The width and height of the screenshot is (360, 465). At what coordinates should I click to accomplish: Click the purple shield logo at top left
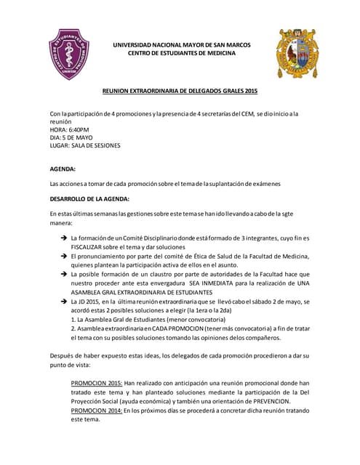point(69,54)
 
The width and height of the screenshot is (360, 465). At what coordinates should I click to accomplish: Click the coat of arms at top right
point(297,53)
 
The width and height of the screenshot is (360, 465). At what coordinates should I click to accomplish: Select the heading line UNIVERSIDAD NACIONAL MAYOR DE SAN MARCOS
point(181,45)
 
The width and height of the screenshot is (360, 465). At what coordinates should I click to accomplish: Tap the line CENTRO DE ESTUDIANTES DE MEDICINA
point(181,54)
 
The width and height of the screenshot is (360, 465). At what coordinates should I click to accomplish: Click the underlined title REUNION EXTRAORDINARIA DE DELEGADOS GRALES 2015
point(179,91)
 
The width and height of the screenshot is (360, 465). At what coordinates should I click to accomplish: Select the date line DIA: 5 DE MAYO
point(71,138)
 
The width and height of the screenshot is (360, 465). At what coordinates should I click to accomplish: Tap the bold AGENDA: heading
point(63,169)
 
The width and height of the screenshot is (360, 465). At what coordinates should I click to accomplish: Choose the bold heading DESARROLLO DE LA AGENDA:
point(89,199)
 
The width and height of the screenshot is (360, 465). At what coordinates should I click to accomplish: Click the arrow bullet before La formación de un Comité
point(64,238)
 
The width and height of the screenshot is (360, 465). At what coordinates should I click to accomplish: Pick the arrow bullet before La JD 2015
point(64,301)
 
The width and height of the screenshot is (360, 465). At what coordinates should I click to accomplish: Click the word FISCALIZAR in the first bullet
point(90,247)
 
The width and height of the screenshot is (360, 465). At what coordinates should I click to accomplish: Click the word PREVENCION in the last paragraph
point(269,401)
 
